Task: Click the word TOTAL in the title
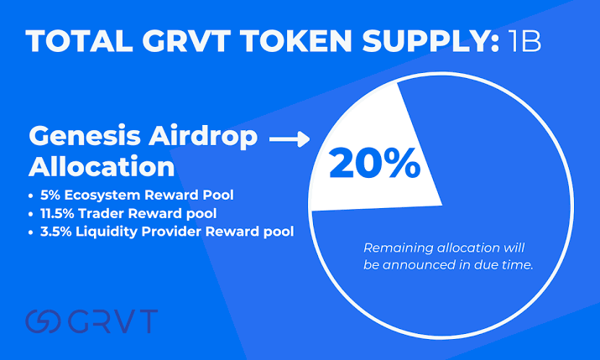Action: (x=80, y=40)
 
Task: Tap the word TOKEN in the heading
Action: (x=295, y=40)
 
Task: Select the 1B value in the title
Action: (x=524, y=40)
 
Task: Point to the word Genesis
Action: (x=85, y=136)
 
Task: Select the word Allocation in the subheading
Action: (x=102, y=167)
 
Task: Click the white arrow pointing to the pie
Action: (x=290, y=138)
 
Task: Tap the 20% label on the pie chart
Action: (x=374, y=164)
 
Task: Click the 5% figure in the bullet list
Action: (x=50, y=196)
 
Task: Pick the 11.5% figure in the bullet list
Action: (x=57, y=213)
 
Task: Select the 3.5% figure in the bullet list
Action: (x=56, y=232)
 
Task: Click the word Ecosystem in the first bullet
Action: (x=102, y=196)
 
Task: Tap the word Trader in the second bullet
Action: (x=97, y=213)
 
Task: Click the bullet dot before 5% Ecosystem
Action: (x=30, y=196)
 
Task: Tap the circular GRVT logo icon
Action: (x=43, y=321)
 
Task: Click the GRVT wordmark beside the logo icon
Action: (x=113, y=321)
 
